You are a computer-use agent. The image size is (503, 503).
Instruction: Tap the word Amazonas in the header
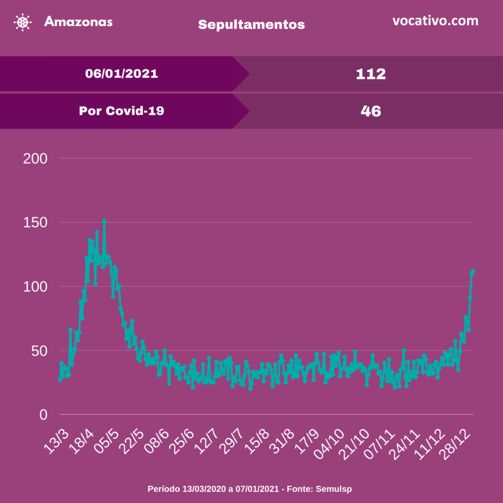tap(78, 22)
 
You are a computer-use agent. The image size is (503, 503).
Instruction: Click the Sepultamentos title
tap(251, 25)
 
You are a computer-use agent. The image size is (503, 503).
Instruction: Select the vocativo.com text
tap(435, 21)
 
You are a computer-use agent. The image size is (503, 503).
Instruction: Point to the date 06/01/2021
tap(121, 74)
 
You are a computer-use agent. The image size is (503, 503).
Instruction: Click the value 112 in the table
tap(371, 74)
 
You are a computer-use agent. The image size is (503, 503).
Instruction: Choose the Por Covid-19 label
tap(121, 111)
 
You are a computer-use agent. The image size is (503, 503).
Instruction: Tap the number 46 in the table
tap(371, 112)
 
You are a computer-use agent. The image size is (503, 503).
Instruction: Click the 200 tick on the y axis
tap(35, 159)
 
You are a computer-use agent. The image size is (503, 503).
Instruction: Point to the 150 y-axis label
tap(35, 223)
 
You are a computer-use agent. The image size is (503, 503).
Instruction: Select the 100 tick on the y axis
tap(35, 286)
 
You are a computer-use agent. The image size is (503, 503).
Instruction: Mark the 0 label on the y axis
tap(43, 415)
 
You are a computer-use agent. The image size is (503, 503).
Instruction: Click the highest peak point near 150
tap(104, 221)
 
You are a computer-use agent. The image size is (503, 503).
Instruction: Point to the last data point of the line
tap(473, 271)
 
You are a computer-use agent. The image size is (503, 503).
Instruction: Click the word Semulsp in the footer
tap(334, 489)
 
